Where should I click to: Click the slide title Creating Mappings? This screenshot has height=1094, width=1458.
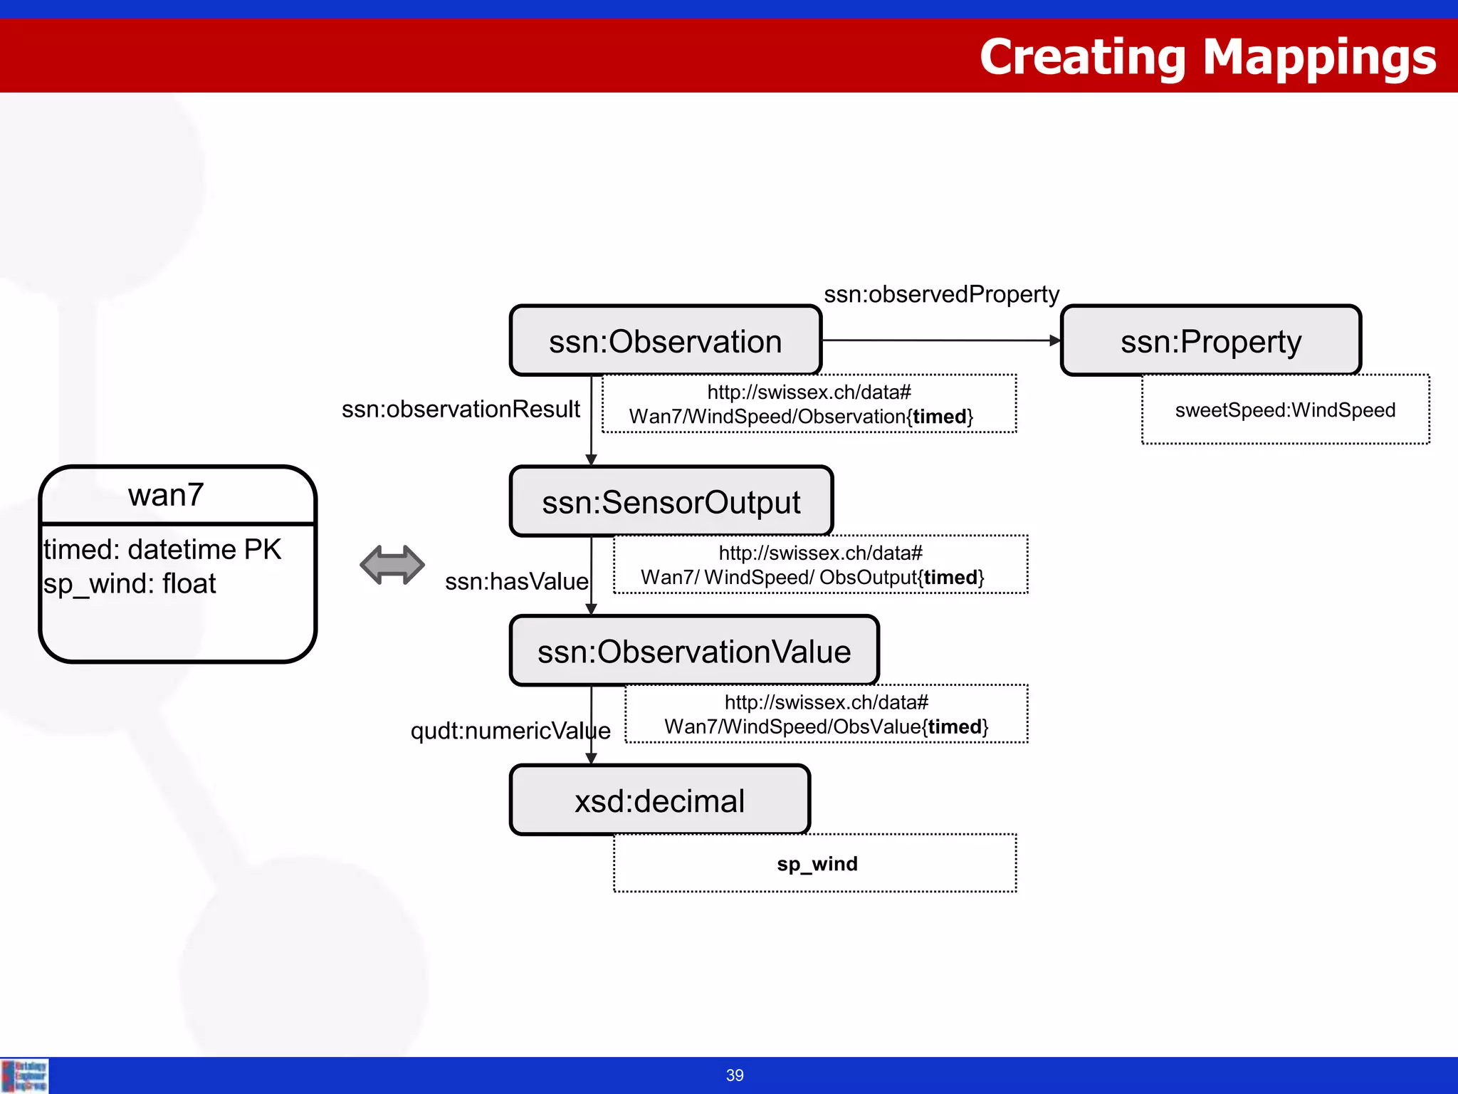tap(1207, 57)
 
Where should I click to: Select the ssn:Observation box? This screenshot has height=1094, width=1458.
tap(665, 341)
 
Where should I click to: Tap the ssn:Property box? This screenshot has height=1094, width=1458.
tap(1210, 341)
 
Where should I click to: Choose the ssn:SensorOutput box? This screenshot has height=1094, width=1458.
tap(671, 502)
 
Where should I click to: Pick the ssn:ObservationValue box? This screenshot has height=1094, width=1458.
tap(694, 652)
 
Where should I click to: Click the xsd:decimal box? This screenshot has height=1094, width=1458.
tap(659, 801)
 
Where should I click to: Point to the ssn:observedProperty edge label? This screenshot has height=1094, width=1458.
tap(941, 294)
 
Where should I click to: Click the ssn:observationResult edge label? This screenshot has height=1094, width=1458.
tap(461, 410)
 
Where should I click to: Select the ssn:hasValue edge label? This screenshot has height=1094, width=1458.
tap(516, 582)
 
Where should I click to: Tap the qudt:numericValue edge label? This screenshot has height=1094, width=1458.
tap(510, 731)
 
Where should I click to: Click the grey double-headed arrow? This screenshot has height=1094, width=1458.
tap(392, 565)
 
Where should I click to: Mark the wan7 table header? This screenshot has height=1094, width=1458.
tap(167, 495)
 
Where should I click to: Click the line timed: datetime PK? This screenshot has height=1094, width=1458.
tap(162, 550)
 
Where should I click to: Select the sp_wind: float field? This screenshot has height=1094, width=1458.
tap(130, 584)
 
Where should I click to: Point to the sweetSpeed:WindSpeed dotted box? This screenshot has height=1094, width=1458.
tap(1285, 410)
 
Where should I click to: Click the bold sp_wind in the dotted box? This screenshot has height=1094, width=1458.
tap(817, 864)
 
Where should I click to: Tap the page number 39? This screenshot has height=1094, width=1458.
tap(735, 1075)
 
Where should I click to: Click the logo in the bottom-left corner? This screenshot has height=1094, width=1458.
tap(24, 1075)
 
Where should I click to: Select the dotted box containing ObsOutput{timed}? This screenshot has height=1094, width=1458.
tap(820, 565)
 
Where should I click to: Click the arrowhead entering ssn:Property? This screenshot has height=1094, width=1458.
tap(1055, 341)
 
